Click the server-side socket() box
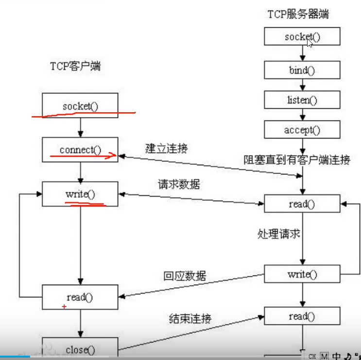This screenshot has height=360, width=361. [x=302, y=37]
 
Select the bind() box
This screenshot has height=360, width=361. [x=302, y=70]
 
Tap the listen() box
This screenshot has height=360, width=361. [x=302, y=101]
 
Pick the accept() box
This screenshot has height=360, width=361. [x=302, y=130]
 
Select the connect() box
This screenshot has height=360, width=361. [x=80, y=150]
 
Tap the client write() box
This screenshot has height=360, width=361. [x=80, y=194]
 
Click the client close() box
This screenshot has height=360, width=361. [x=80, y=349]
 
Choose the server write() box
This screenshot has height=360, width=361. [x=302, y=274]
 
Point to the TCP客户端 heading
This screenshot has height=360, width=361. [x=75, y=67]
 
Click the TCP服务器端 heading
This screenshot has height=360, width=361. [x=298, y=14]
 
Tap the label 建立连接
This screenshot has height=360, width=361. [x=166, y=149]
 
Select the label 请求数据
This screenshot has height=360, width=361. [x=178, y=185]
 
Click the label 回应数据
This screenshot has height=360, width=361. [x=184, y=276]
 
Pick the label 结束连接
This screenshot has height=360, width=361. [x=190, y=319]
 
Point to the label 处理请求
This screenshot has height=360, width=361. [x=278, y=234]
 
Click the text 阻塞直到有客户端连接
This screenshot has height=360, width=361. [x=296, y=159]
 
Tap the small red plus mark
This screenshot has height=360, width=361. [x=64, y=307]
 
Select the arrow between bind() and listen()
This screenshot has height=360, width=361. [x=302, y=86]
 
